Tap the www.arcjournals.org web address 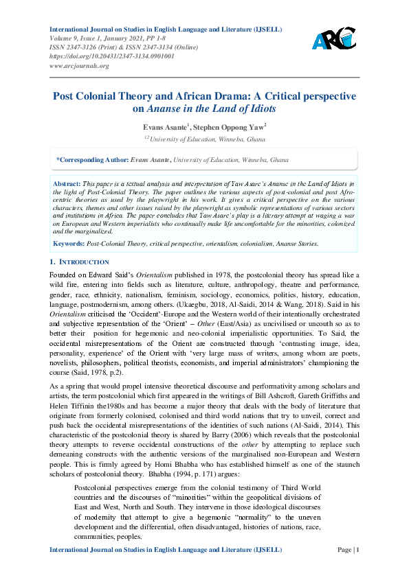tap(79, 66)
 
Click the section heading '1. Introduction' tap(80, 262)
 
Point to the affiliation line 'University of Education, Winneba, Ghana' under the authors tap(208, 138)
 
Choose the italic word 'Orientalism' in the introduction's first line tap(131, 275)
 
